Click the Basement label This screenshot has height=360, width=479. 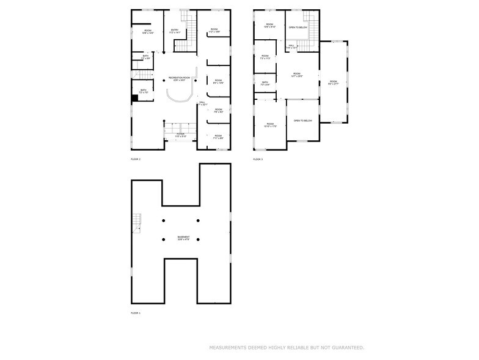click(183, 238)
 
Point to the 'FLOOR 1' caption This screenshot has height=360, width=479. click(136, 313)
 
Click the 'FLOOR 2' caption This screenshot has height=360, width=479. click(136, 159)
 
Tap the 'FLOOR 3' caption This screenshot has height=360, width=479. click(258, 159)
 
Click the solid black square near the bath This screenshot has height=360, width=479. click(135, 98)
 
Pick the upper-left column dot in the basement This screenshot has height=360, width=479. click(163, 220)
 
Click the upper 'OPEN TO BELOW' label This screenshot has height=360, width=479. click(298, 28)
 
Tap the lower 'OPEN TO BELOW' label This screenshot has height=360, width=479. click(302, 121)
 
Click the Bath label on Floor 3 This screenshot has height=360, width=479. click(265, 83)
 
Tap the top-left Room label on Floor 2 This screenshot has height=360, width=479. click(147, 31)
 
